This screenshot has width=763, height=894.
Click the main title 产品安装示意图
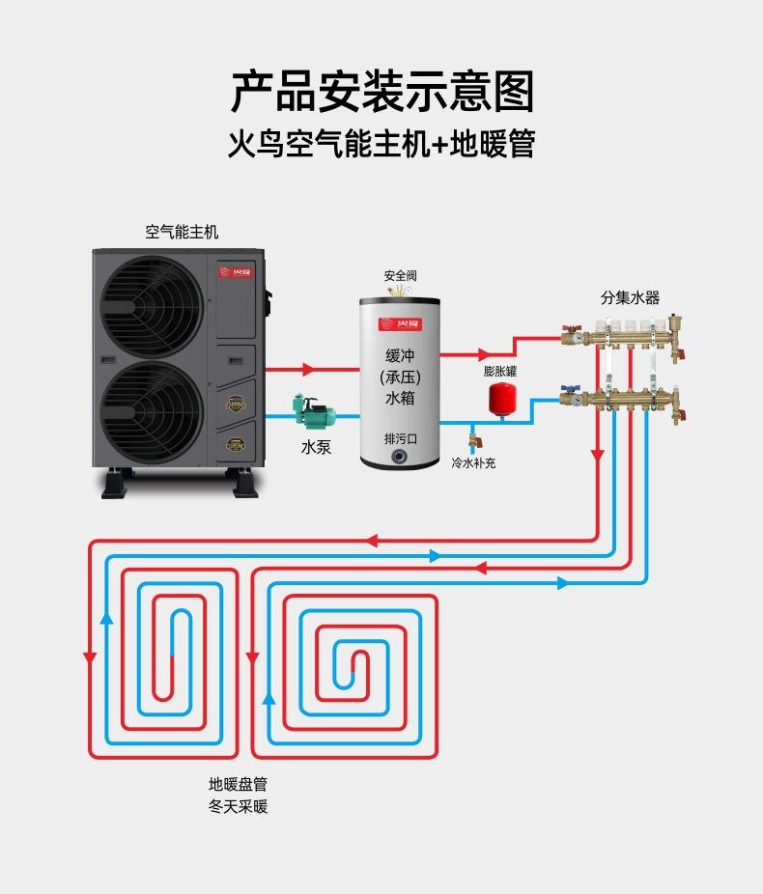click(381, 92)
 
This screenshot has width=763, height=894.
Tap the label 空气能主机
click(182, 232)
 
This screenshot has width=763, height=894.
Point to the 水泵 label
click(316, 447)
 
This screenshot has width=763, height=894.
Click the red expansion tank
click(499, 398)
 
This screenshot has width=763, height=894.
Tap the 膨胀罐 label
click(500, 371)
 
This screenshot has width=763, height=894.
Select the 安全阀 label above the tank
click(400, 275)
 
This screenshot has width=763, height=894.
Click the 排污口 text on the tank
click(400, 437)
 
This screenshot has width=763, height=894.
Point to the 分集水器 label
click(630, 298)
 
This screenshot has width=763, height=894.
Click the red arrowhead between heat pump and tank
click(308, 369)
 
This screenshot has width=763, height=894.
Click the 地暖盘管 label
click(238, 784)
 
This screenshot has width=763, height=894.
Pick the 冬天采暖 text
click(238, 806)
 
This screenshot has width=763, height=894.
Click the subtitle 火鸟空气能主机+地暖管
click(381, 145)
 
